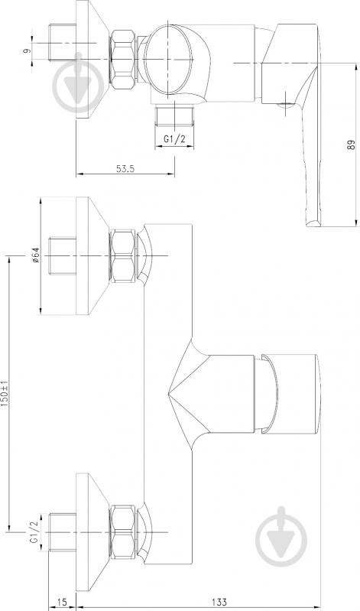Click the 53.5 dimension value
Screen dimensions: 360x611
click(x=125, y=169)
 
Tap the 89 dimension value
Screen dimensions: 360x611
click(x=351, y=145)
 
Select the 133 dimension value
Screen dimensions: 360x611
click(x=221, y=603)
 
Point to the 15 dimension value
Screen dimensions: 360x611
click(x=62, y=603)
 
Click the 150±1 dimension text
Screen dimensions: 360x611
click(x=5, y=393)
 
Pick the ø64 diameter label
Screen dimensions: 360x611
click(x=34, y=255)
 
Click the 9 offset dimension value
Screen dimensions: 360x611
click(x=26, y=50)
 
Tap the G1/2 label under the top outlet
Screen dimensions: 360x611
click(x=174, y=140)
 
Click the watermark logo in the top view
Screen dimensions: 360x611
click(x=78, y=83)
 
